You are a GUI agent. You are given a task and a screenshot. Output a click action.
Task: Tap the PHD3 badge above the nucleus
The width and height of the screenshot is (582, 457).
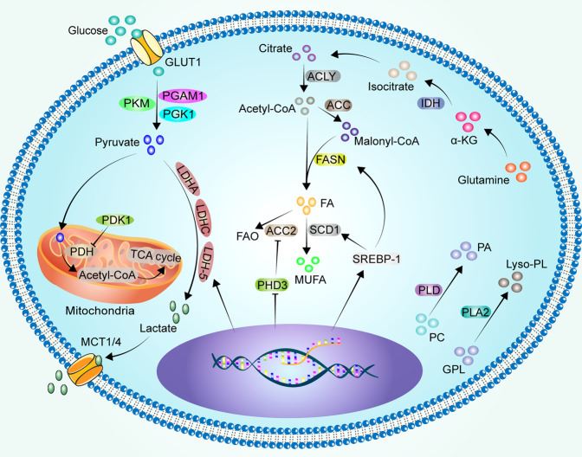tap(274, 284)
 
